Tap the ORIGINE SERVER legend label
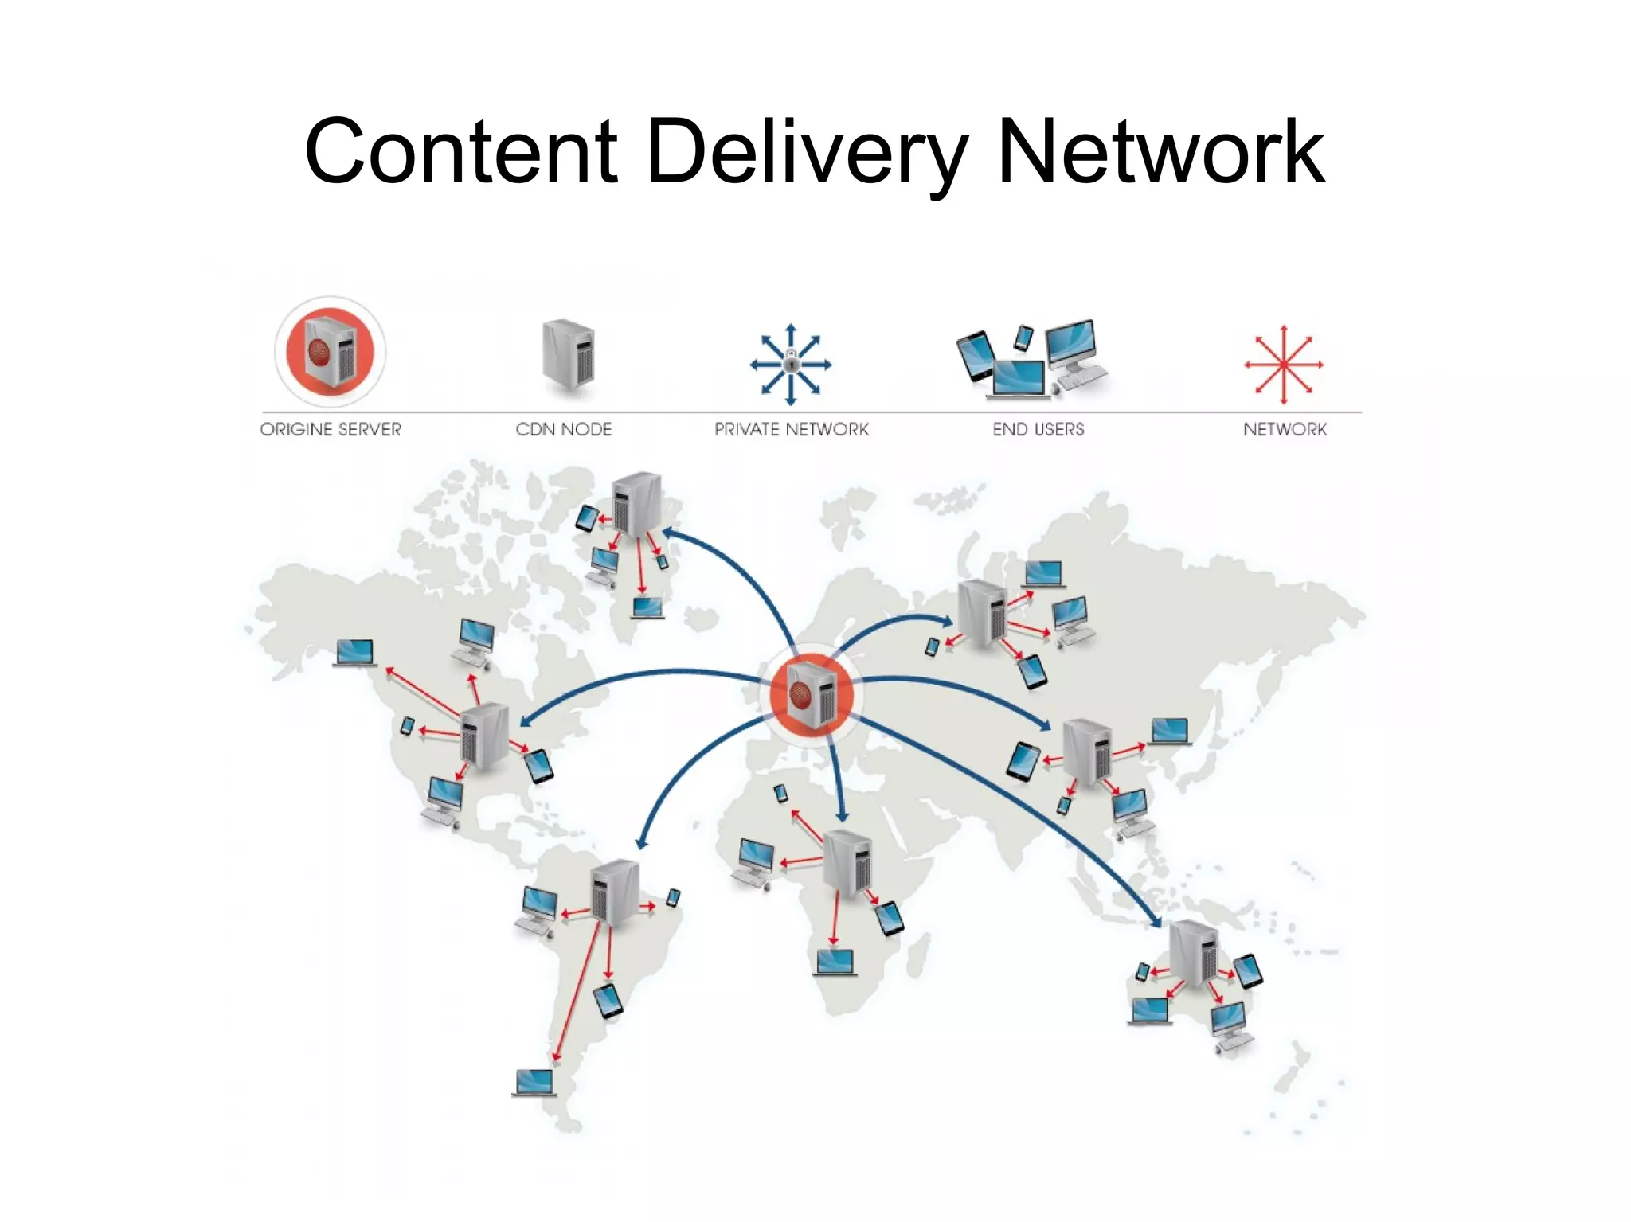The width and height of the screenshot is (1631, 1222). [x=331, y=429]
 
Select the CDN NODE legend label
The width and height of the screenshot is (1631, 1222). [x=563, y=429]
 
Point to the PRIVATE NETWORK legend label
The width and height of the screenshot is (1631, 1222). [x=791, y=429]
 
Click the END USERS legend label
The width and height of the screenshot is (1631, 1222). [x=1038, y=429]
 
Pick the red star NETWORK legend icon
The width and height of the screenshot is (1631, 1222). [x=1284, y=365]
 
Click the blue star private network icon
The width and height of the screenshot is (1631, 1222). [x=790, y=365]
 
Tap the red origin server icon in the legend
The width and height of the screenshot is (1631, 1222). [x=331, y=352]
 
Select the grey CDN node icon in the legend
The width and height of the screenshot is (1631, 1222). [x=568, y=355]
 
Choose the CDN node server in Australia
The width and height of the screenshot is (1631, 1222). [x=1193, y=953]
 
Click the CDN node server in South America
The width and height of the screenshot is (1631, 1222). [x=615, y=892]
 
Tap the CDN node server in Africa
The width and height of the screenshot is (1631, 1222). [x=847, y=862]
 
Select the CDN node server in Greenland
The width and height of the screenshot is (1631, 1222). [x=636, y=504]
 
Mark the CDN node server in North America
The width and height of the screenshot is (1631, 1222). [x=484, y=735]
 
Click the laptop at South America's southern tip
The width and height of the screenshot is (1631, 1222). [x=534, y=1083]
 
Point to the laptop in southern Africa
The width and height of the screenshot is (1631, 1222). [x=835, y=962]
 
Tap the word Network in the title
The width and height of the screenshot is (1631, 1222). [x=1160, y=151]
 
